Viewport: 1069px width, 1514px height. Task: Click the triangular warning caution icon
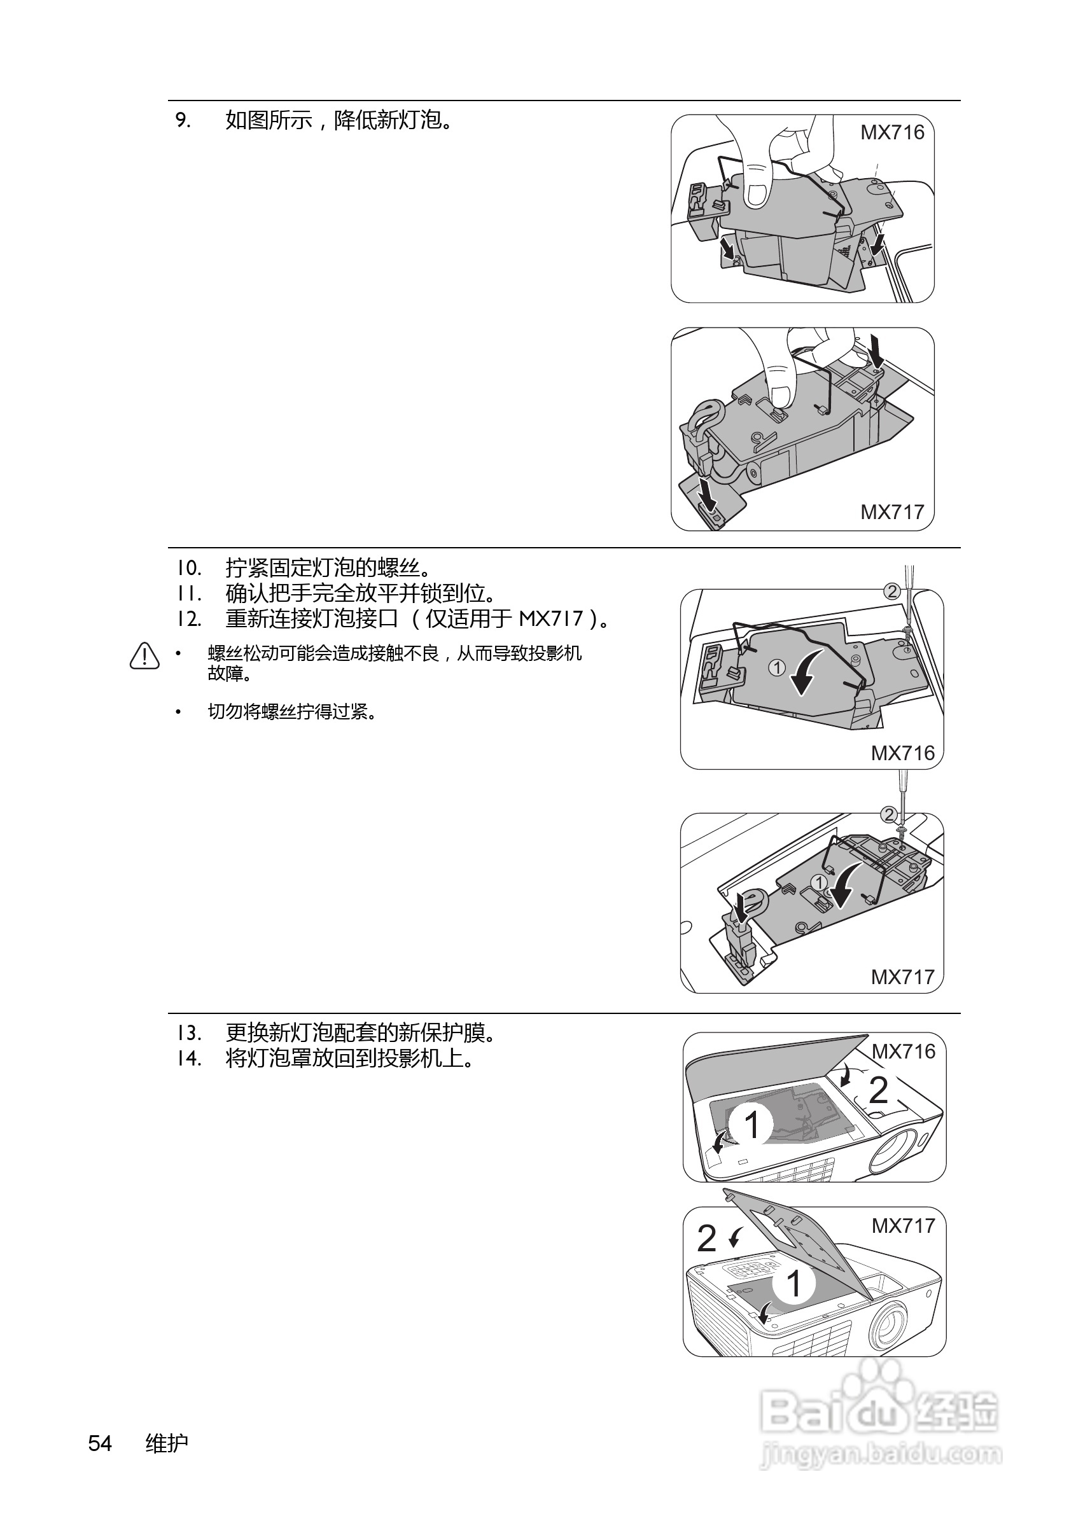pos(144,656)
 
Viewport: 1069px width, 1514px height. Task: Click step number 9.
pos(183,121)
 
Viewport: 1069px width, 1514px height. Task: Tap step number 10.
pos(188,567)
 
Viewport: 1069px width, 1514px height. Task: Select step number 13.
pos(188,1032)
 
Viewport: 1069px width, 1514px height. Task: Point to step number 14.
pos(188,1059)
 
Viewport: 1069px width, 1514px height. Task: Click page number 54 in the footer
pos(101,1443)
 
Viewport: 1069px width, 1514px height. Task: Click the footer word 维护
pos(167,1443)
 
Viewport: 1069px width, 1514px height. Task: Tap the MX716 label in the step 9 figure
pos(891,132)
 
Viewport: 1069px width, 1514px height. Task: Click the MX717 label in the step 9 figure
pos(891,511)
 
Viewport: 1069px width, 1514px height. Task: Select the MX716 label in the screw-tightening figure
pos(902,753)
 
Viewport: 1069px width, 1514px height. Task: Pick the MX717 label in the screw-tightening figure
pos(902,977)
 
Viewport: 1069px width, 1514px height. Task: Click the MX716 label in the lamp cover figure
pos(903,1052)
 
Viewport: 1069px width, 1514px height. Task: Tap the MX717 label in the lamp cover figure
pos(903,1226)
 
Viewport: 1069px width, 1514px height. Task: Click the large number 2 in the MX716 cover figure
pos(877,1091)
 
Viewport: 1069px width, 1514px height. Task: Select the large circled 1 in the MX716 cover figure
pos(751,1124)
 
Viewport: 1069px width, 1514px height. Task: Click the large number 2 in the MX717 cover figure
pos(706,1239)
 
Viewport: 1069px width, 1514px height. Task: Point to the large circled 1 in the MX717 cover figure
pos(794,1284)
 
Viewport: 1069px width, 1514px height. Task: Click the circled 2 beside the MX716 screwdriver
pos(891,592)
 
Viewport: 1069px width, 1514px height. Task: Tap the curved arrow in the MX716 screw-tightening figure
pos(805,670)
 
